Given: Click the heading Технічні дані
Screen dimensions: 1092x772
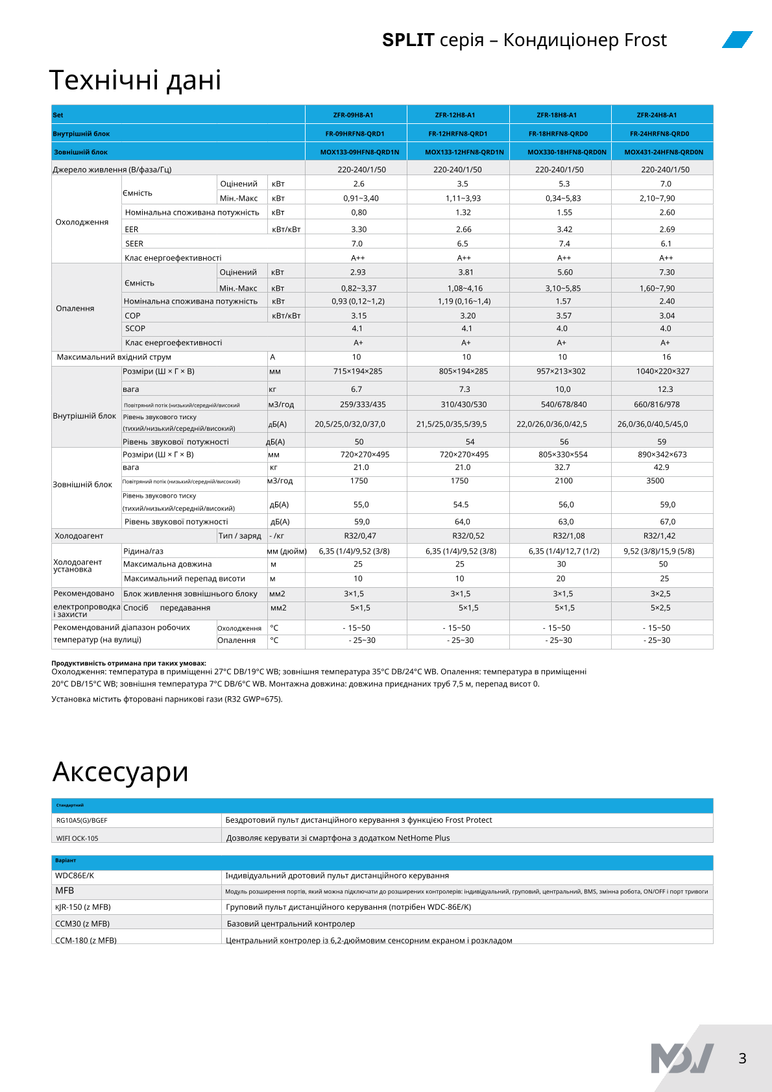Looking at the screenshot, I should (135, 80).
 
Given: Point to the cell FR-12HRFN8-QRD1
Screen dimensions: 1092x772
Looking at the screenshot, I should (457, 134).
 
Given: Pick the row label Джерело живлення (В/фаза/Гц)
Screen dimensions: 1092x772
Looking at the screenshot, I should (112, 169).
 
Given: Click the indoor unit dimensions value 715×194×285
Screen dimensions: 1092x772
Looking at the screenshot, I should (357, 371).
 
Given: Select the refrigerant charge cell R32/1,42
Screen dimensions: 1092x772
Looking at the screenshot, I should (659, 536).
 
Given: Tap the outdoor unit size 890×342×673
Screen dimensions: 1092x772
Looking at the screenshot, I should (662, 454).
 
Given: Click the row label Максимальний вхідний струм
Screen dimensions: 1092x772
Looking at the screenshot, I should (114, 357).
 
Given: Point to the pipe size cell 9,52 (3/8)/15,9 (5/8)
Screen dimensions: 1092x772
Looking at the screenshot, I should (658, 551).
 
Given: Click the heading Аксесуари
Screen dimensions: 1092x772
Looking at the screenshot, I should (121, 772).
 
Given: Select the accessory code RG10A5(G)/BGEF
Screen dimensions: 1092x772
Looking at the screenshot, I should (82, 820).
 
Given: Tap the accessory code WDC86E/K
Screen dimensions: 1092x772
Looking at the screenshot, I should (75, 875).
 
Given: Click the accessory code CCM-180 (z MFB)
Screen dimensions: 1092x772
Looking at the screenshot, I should (86, 940).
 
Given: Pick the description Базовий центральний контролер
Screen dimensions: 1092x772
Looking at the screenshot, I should (291, 923).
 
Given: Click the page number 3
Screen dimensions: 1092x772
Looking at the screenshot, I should (742, 1058).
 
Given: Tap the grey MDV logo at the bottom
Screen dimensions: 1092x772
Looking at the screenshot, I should (682, 1058).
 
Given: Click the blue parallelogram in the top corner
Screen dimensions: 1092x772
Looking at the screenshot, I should (738, 40).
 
